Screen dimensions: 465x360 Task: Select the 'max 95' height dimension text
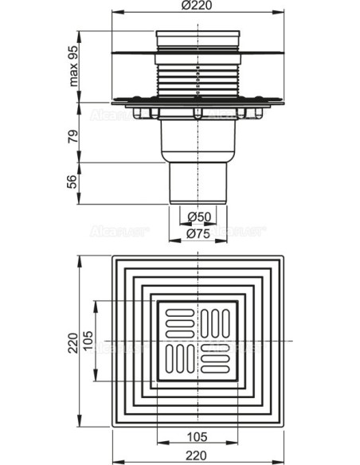coord(72,67)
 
